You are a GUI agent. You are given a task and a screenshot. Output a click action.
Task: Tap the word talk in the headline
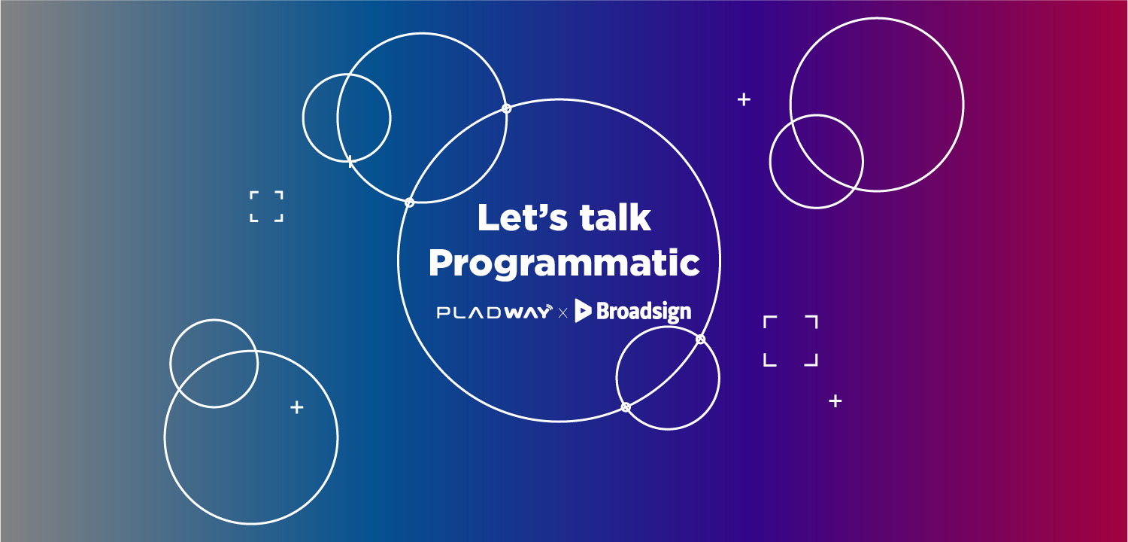pyautogui.click(x=615, y=218)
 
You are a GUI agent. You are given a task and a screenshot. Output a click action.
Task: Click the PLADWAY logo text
pyautogui.click(x=494, y=312)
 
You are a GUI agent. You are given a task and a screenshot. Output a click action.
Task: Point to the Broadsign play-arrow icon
pyautogui.click(x=583, y=311)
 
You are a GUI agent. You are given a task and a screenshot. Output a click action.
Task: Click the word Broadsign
pyautogui.click(x=644, y=312)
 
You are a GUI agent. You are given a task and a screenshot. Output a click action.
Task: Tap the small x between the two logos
pyautogui.click(x=563, y=314)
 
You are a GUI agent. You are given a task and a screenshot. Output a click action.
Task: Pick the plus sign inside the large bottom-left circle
pyautogui.click(x=297, y=407)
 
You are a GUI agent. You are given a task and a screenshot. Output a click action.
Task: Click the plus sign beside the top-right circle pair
pyautogui.click(x=744, y=100)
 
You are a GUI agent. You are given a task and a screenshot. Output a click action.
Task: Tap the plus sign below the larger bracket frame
pyautogui.click(x=835, y=401)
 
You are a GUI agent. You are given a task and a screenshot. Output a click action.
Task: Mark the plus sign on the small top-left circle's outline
pyautogui.click(x=350, y=161)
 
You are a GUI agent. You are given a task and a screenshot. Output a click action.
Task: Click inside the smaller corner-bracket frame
pyautogui.click(x=266, y=206)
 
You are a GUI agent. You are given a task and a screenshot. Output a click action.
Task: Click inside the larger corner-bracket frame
pyautogui.click(x=790, y=341)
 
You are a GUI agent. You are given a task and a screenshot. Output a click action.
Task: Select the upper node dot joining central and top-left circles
pyautogui.click(x=507, y=108)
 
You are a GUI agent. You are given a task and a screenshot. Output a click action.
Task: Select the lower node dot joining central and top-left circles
pyautogui.click(x=409, y=202)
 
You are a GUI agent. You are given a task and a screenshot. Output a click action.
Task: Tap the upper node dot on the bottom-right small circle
pyautogui.click(x=700, y=340)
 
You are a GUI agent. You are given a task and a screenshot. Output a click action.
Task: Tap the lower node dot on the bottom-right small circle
pyautogui.click(x=626, y=407)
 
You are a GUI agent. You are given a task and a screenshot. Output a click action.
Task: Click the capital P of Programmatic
pyautogui.click(x=441, y=262)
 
